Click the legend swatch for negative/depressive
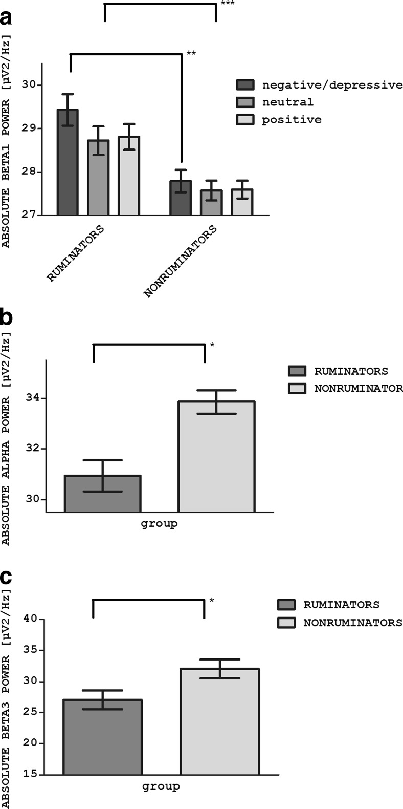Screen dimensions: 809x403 point(245,85)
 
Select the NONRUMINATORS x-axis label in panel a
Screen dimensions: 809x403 point(180,261)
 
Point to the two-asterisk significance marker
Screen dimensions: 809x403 point(191,53)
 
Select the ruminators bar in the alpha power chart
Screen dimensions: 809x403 point(102,494)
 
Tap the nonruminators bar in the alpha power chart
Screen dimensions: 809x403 point(216,456)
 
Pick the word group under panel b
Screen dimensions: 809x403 point(159,524)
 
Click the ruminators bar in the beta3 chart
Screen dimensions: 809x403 point(103,737)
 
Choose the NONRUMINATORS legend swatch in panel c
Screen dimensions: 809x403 point(286,623)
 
